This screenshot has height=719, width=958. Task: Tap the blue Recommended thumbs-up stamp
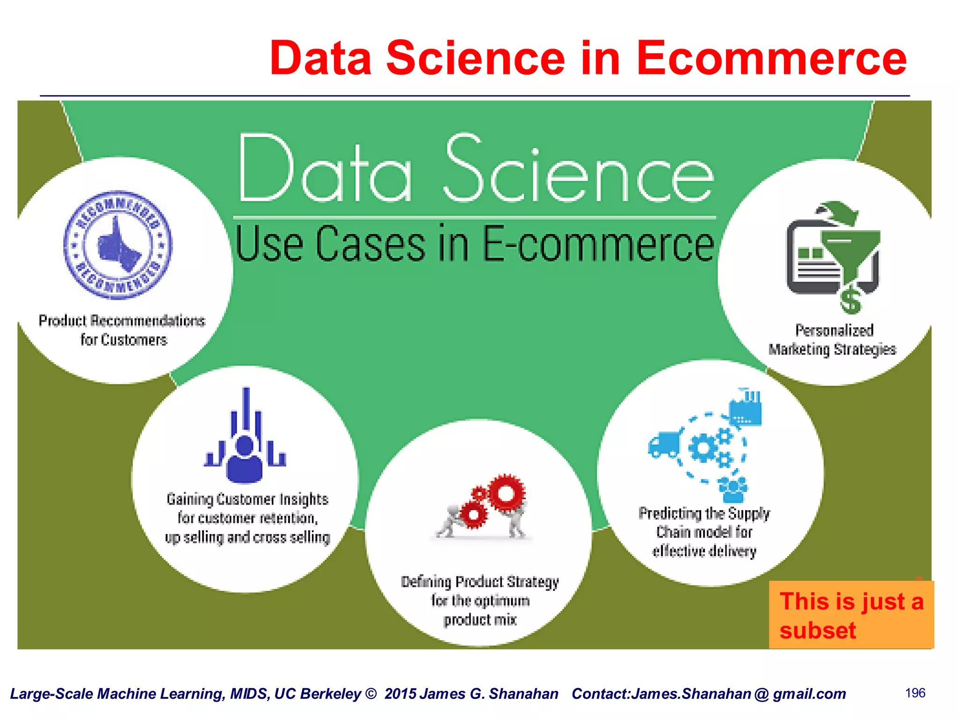pyautogui.click(x=118, y=245)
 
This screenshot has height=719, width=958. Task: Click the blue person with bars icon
pyautogui.click(x=245, y=438)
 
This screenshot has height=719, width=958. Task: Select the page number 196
pyautogui.click(x=915, y=693)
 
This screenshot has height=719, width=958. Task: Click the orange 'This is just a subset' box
pyautogui.click(x=851, y=615)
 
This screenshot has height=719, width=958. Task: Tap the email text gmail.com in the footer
pyautogui.click(x=809, y=694)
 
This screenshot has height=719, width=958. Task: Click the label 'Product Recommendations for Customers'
pyautogui.click(x=122, y=330)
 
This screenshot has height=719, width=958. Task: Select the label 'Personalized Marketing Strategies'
pyautogui.click(x=833, y=340)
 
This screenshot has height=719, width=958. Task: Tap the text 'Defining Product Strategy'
pyautogui.click(x=480, y=582)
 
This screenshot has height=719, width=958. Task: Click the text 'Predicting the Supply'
pyautogui.click(x=704, y=514)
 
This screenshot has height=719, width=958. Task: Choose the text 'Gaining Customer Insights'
pyautogui.click(x=247, y=499)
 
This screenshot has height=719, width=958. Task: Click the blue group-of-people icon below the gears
pyautogui.click(x=733, y=490)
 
